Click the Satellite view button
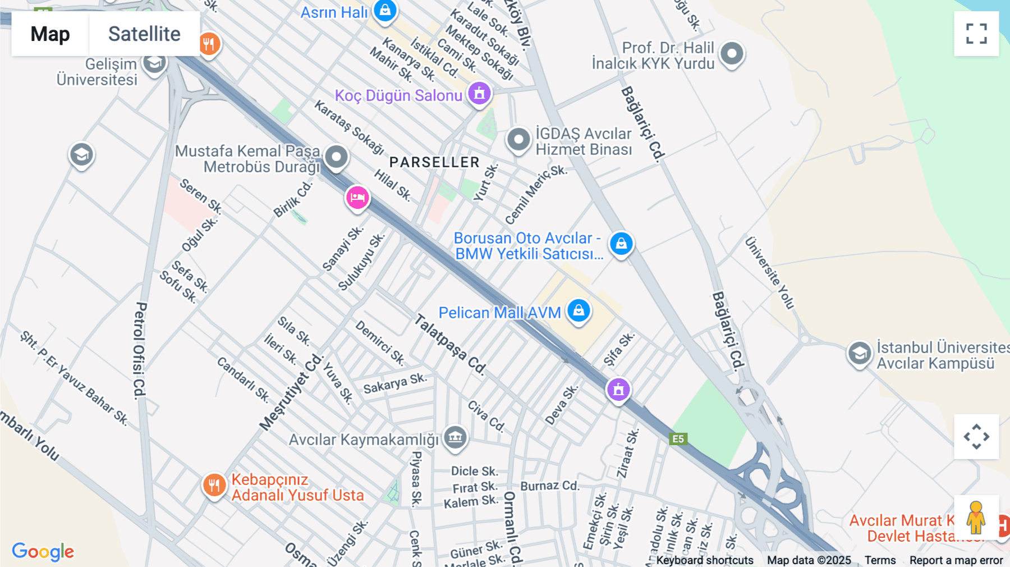(144, 34)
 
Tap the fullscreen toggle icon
(976, 34)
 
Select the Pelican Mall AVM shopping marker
(579, 310)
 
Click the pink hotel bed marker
(357, 198)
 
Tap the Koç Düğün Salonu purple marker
(479, 94)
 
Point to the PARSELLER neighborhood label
(434, 162)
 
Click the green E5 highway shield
(678, 439)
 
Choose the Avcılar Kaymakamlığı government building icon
(455, 437)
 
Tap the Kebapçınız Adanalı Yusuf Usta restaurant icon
(214, 484)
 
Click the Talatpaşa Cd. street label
(450, 344)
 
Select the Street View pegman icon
(976, 517)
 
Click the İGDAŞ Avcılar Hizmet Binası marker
(518, 139)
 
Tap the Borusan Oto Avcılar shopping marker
(621, 244)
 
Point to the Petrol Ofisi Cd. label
(140, 350)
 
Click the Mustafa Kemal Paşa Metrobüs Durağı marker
(337, 157)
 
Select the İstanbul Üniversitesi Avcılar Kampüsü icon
(859, 354)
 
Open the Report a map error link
(956, 560)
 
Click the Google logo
(43, 551)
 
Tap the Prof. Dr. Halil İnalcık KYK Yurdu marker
(732, 54)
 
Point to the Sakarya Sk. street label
(394, 383)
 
